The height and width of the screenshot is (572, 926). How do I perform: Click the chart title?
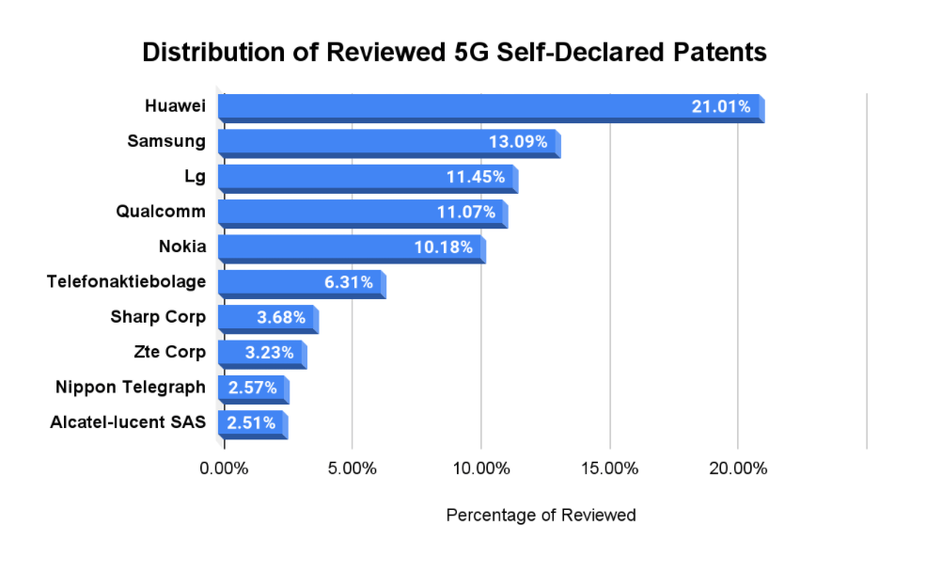point(454,53)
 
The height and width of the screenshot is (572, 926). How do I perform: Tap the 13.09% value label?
point(517,143)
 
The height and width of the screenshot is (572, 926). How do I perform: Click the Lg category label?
point(195,177)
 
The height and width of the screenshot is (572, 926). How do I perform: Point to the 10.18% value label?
point(446,248)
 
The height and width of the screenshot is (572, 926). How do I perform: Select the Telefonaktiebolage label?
point(126,281)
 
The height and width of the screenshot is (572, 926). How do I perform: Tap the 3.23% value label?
point(268,353)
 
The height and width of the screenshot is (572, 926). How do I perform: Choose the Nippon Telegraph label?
point(130,387)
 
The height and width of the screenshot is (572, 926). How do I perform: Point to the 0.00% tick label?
point(224,469)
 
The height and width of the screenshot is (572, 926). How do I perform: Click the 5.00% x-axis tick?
point(352,469)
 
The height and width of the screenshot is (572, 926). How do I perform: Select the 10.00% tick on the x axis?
point(480,469)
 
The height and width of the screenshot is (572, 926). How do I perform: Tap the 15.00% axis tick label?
point(609,469)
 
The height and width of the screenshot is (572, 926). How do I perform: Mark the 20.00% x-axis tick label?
point(738,469)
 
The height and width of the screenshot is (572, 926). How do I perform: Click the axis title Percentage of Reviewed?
point(541,515)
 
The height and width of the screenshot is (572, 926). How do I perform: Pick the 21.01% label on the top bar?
point(721,107)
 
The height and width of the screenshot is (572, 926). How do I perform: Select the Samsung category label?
point(166,141)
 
